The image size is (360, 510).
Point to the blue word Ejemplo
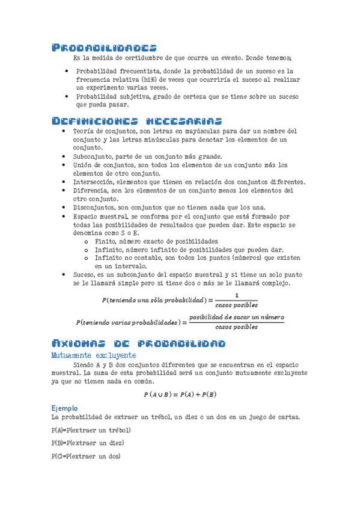point(65,408)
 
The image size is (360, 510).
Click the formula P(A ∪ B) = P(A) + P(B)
point(180,395)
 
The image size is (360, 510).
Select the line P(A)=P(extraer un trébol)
point(91,431)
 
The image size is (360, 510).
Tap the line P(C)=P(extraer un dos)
point(86,456)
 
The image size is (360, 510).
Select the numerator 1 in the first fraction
point(236,295)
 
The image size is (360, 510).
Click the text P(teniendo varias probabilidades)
point(127,322)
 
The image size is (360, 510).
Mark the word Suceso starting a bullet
point(84,274)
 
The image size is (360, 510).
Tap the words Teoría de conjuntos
point(103,131)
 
